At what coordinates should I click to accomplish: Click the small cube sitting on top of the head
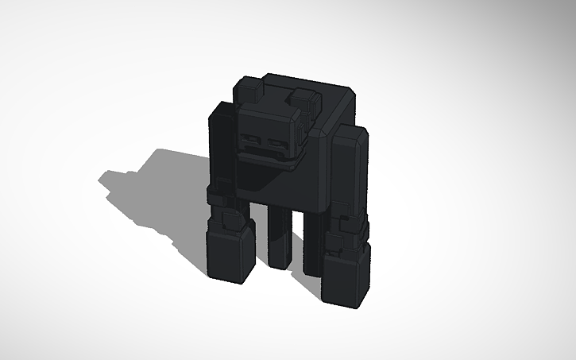coord(303,101)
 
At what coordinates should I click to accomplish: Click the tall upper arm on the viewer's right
coord(347,171)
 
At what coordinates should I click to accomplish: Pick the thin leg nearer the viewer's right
coord(311,242)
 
